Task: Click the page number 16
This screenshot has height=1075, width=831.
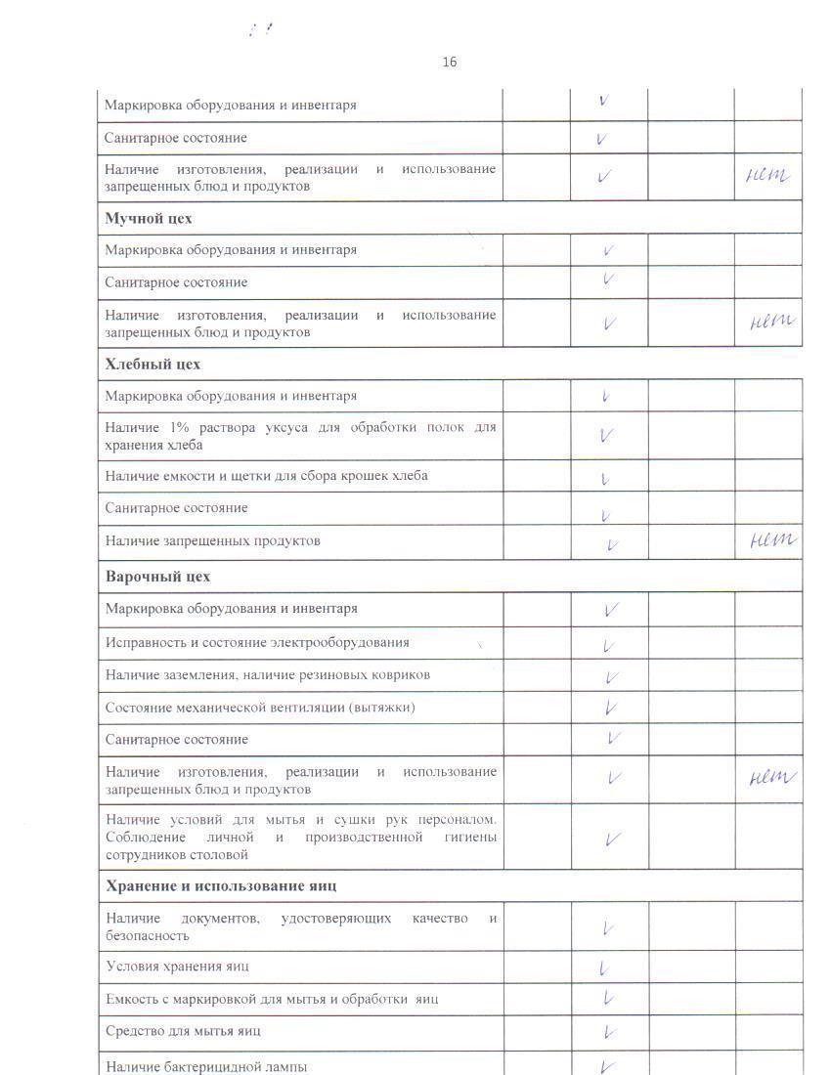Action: click(x=449, y=63)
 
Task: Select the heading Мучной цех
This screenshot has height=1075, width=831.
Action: click(x=149, y=218)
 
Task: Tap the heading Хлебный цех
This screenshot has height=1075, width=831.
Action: click(x=153, y=364)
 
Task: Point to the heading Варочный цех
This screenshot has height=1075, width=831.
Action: click(x=157, y=576)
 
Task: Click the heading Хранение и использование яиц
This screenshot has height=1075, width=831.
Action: click(x=221, y=885)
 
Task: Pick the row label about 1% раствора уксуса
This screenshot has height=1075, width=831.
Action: click(x=300, y=436)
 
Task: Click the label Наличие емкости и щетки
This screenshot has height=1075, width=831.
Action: click(x=266, y=476)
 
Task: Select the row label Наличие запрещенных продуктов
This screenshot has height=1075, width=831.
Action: click(x=213, y=540)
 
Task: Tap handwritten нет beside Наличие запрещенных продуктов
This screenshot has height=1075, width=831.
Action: click(x=771, y=539)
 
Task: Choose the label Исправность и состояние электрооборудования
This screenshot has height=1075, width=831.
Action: click(x=257, y=642)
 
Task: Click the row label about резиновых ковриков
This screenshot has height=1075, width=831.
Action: click(x=268, y=674)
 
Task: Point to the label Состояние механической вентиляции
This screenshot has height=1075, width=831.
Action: click(x=260, y=707)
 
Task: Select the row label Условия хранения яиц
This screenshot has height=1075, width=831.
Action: click(x=177, y=966)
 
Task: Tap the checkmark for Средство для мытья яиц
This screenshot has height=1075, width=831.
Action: click(x=608, y=1031)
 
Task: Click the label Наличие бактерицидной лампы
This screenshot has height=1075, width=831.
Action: click(x=206, y=1066)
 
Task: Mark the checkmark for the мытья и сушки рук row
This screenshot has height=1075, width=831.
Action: click(x=613, y=838)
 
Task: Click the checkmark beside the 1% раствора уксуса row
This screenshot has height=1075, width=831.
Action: click(x=606, y=436)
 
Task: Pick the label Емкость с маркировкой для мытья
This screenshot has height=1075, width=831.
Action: click(x=272, y=999)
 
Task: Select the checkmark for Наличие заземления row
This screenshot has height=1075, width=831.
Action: click(x=612, y=676)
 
